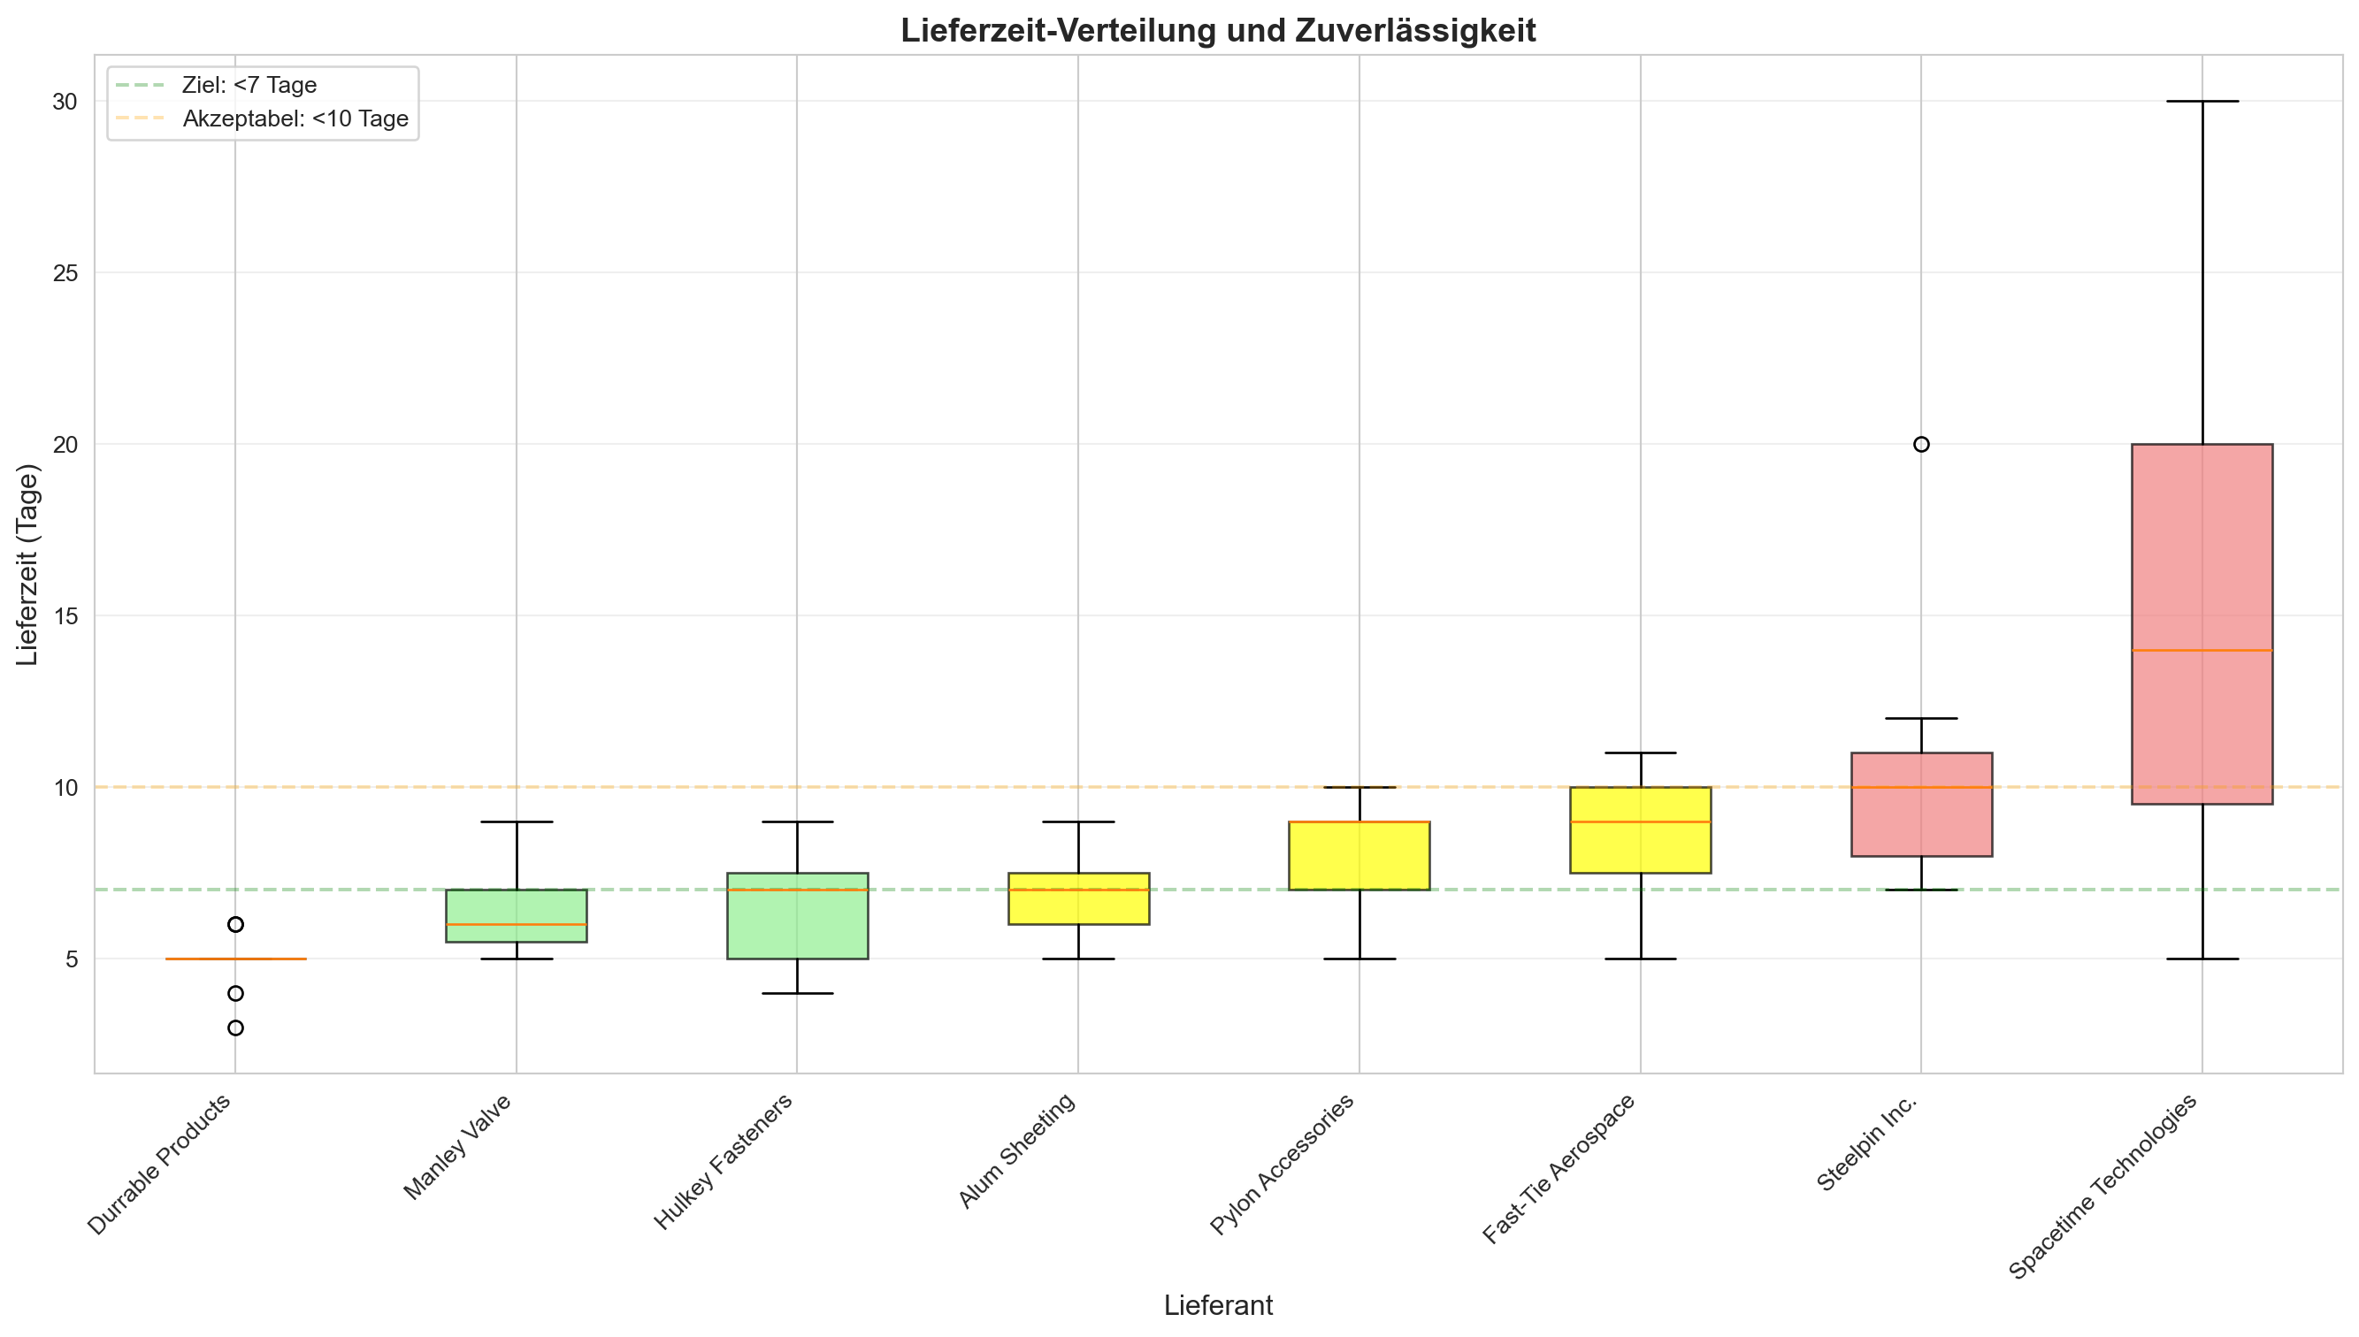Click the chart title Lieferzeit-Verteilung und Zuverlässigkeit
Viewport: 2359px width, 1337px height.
(1217, 31)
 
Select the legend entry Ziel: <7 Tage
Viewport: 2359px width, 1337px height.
(249, 86)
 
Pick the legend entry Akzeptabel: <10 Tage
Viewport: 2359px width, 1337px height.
(295, 119)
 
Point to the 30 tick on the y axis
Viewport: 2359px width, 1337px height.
(65, 102)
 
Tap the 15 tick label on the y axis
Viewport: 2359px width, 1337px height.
(65, 616)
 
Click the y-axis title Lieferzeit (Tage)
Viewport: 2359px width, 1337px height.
(28, 565)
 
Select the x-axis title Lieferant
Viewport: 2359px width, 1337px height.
(1217, 1305)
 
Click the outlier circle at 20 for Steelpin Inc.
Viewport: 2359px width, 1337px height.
(1920, 445)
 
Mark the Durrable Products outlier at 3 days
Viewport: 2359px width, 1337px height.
(235, 1028)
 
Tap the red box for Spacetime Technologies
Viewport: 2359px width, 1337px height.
(2201, 551)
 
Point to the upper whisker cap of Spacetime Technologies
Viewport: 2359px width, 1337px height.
(2201, 101)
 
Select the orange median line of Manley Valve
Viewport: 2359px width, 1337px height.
(516, 924)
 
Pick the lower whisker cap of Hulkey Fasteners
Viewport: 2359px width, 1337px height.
(796, 994)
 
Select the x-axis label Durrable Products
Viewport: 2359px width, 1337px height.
(160, 1165)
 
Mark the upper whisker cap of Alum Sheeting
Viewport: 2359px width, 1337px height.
(1077, 821)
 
